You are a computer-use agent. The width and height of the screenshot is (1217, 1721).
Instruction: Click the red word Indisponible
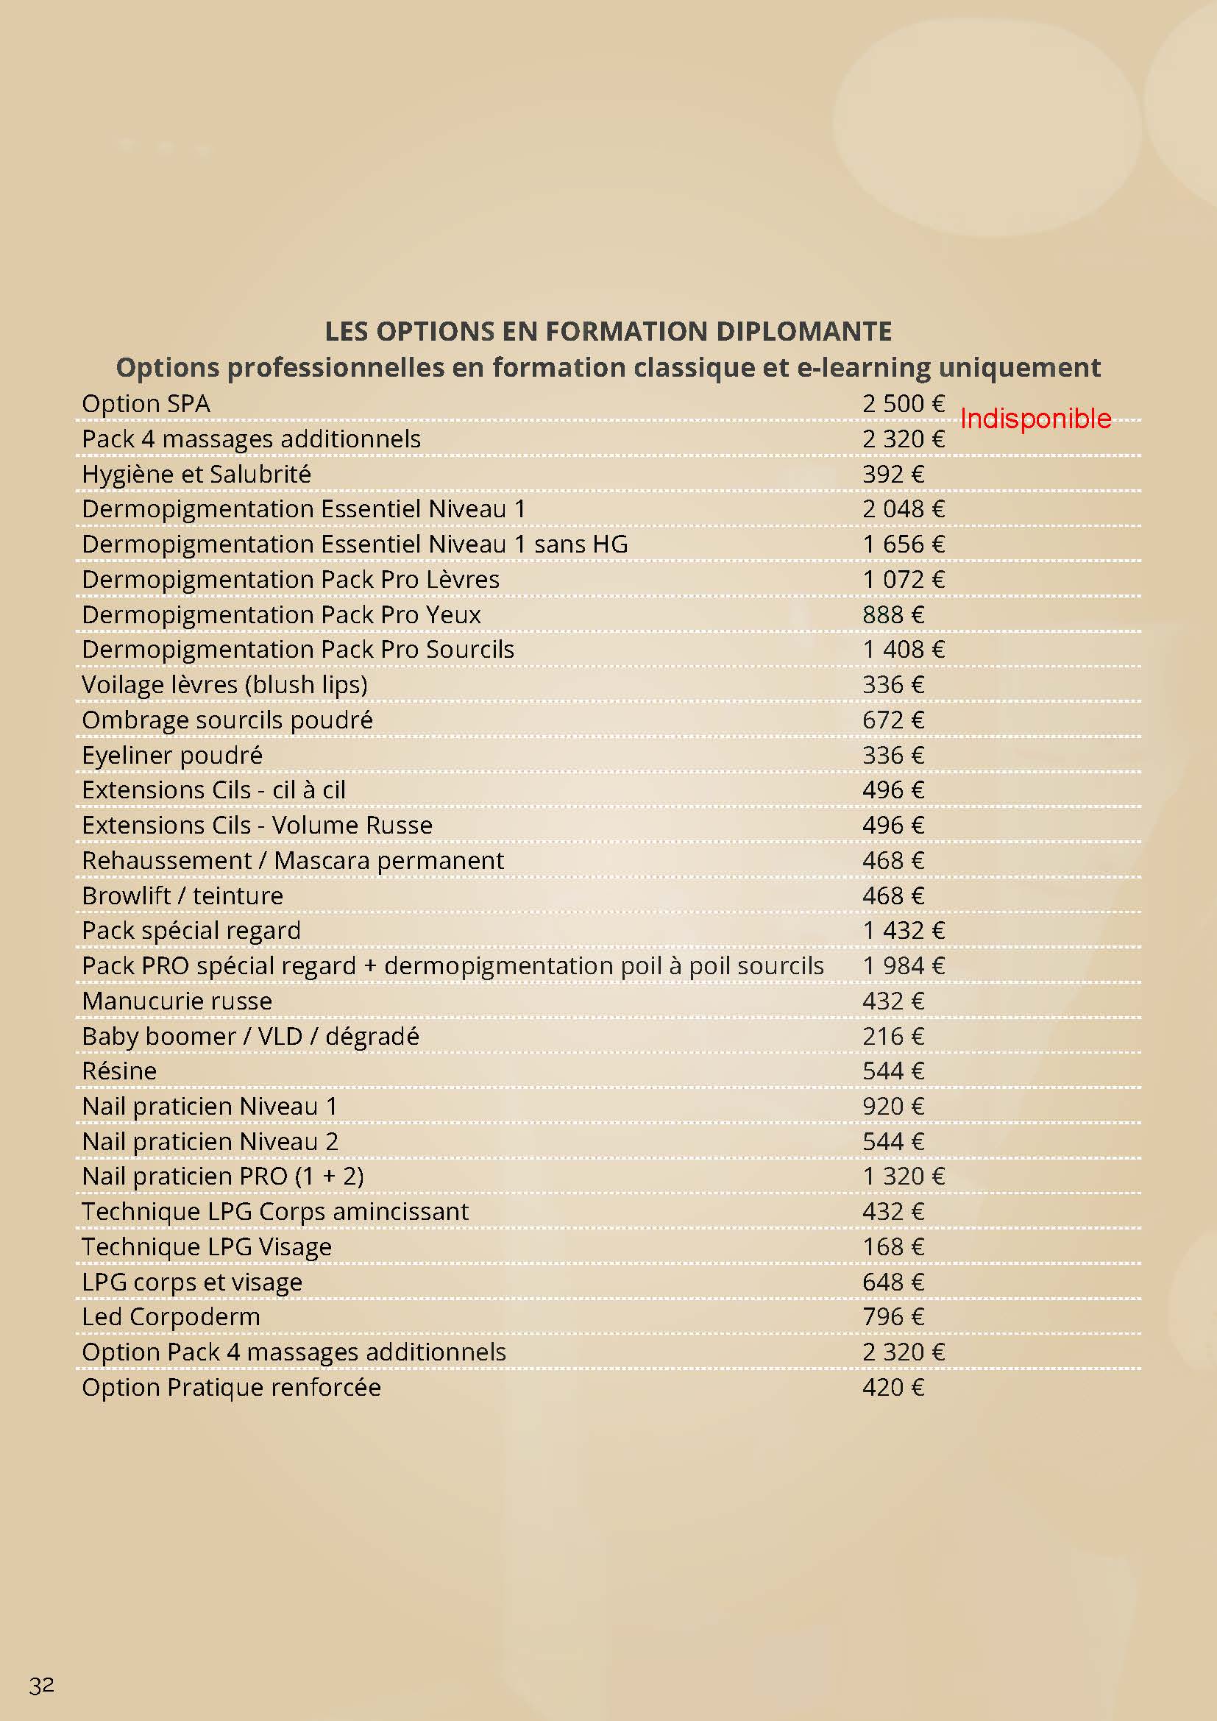[1035, 419]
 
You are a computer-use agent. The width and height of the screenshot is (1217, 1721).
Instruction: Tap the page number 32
[42, 1685]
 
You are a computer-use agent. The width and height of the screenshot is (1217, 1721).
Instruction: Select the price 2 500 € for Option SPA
[903, 404]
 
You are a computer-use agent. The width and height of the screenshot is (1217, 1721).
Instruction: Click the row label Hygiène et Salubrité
[196, 475]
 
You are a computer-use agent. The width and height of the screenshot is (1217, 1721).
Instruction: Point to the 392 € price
[893, 475]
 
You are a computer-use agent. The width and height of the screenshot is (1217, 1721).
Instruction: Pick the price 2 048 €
[903, 509]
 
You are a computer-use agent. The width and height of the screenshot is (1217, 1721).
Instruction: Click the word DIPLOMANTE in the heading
[803, 331]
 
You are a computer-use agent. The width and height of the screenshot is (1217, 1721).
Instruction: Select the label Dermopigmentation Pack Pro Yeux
[281, 614]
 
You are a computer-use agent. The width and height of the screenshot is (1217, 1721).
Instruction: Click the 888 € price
[893, 614]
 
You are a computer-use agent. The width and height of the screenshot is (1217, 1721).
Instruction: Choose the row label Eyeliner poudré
[172, 756]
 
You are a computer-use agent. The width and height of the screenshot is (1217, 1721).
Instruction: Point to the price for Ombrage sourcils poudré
[893, 720]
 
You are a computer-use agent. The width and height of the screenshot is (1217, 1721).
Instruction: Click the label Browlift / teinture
[182, 895]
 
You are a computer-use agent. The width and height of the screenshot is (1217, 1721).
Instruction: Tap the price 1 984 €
[903, 966]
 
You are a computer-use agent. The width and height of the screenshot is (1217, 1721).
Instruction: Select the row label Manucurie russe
[177, 1001]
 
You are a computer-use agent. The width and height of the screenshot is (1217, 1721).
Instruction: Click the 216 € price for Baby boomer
[893, 1037]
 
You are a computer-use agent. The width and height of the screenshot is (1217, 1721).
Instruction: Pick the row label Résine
[119, 1071]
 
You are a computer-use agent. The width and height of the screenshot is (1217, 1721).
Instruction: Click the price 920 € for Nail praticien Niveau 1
[893, 1107]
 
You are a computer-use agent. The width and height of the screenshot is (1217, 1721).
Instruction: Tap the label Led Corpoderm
[171, 1317]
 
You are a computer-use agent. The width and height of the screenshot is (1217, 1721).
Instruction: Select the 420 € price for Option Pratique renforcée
[893, 1388]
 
